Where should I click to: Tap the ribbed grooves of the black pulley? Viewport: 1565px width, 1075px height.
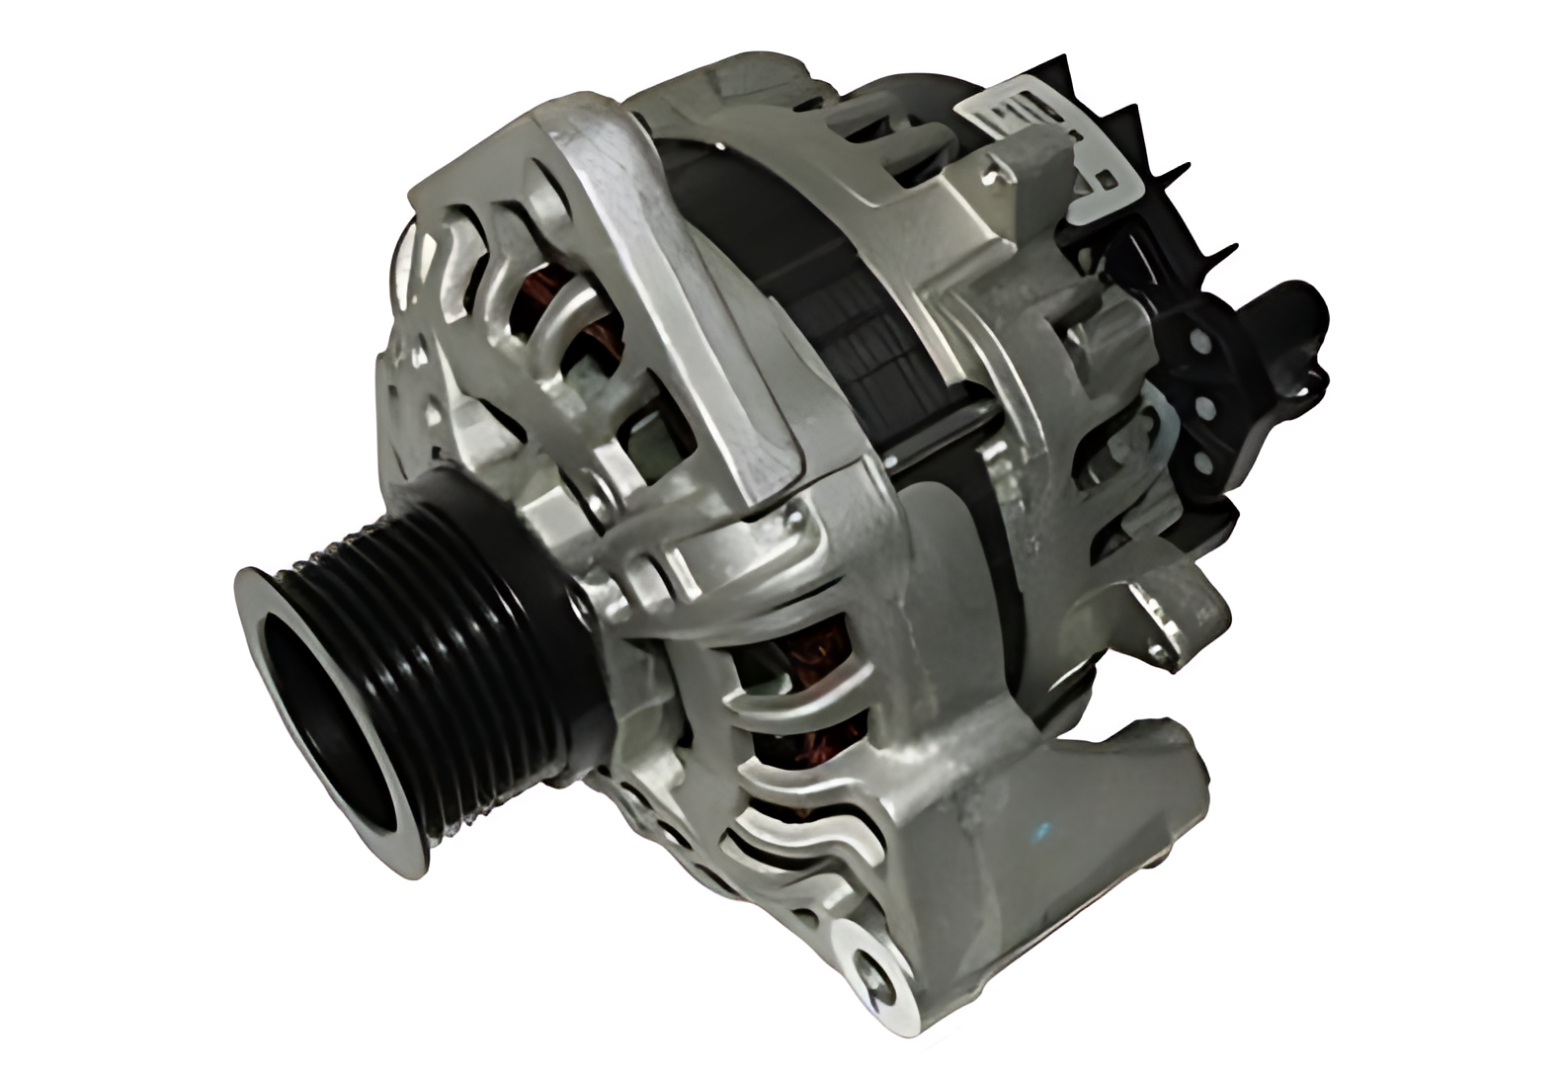pos(445,632)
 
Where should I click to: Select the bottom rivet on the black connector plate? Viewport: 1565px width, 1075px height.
pos(1201,462)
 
